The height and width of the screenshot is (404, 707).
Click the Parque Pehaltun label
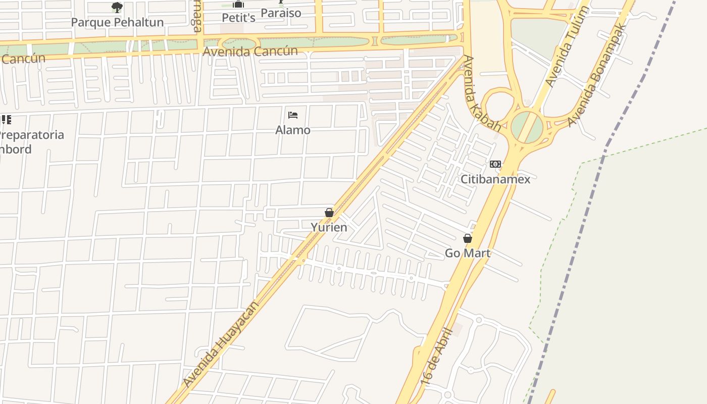(x=117, y=22)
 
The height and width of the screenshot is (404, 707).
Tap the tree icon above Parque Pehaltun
(x=117, y=8)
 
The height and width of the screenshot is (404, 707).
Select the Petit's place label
(x=239, y=18)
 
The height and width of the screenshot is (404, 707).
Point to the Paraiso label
(x=281, y=13)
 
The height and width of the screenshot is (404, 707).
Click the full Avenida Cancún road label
(x=250, y=51)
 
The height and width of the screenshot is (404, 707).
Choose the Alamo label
(x=293, y=130)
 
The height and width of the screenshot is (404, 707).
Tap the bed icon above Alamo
(x=293, y=116)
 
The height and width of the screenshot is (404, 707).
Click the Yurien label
(x=329, y=227)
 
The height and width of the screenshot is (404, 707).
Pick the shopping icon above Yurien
(x=329, y=213)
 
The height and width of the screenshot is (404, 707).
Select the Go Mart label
(x=468, y=253)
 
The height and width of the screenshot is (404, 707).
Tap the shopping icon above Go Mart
(x=468, y=238)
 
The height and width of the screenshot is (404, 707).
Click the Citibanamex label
(x=495, y=179)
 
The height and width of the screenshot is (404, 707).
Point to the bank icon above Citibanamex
(x=495, y=165)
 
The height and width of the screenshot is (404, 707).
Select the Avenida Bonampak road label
(x=596, y=75)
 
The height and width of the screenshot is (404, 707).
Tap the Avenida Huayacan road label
(x=221, y=344)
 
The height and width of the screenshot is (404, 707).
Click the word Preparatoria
(x=32, y=135)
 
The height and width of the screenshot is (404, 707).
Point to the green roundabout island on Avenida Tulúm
(x=527, y=127)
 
